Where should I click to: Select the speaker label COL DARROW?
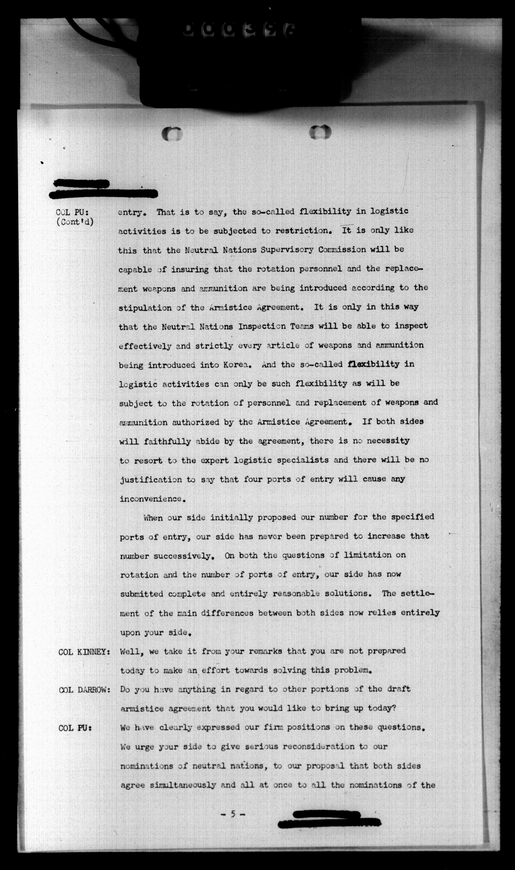(84, 690)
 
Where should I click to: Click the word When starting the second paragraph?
(153, 518)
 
